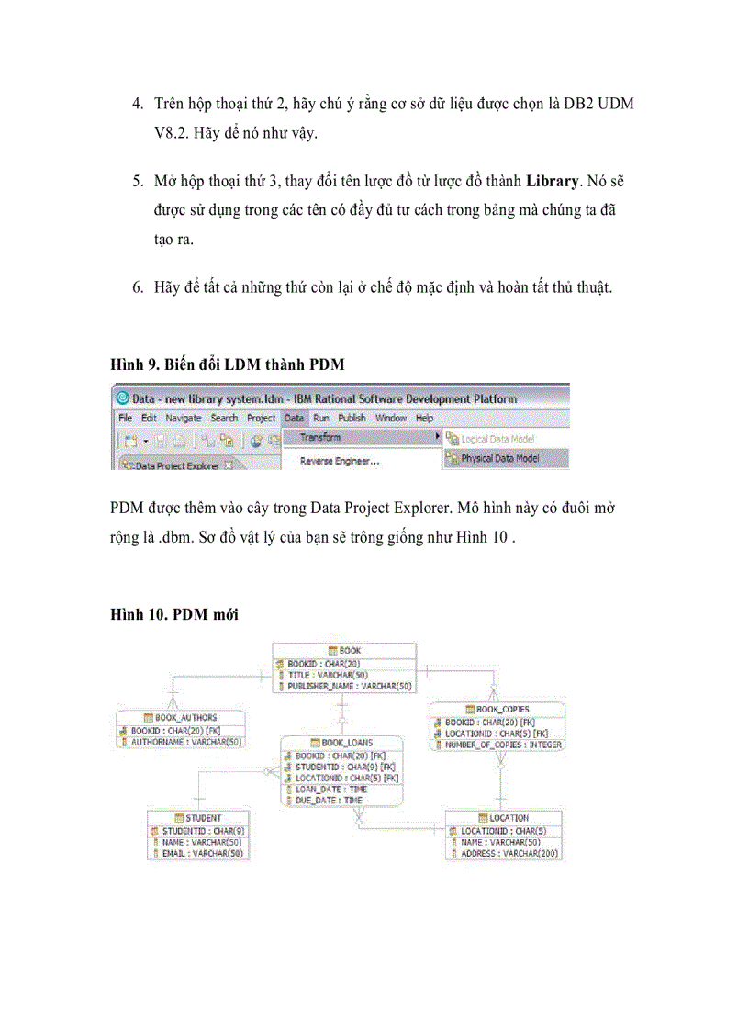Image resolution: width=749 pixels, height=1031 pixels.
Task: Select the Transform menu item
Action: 320,437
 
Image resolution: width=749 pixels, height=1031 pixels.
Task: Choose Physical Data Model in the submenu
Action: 500,458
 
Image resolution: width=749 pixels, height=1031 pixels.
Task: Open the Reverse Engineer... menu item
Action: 340,461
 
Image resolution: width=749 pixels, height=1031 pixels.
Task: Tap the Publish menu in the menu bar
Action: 352,418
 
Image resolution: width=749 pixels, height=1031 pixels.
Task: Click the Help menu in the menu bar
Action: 425,418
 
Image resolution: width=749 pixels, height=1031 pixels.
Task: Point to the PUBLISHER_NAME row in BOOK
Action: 350,686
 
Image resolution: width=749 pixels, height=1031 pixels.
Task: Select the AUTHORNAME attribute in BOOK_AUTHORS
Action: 186,741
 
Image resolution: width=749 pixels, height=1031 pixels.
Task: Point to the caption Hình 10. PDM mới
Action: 174,615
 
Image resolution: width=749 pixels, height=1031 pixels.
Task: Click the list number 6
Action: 136,287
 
